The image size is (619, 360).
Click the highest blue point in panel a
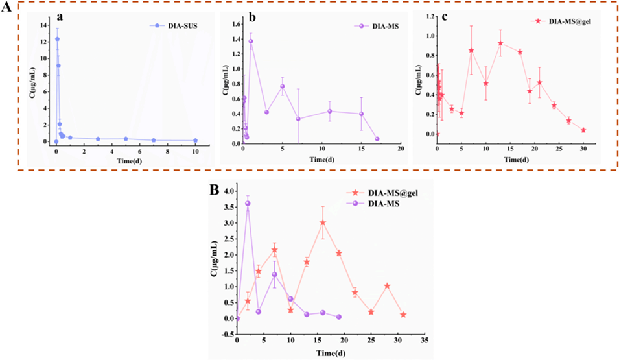tap(57, 39)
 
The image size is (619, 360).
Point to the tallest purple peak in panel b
tap(251, 42)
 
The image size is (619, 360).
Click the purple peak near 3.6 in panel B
tap(248, 203)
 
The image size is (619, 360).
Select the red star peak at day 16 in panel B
tap(323, 222)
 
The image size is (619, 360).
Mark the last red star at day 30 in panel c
tap(583, 130)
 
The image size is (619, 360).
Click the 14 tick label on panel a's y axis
tap(43, 25)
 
